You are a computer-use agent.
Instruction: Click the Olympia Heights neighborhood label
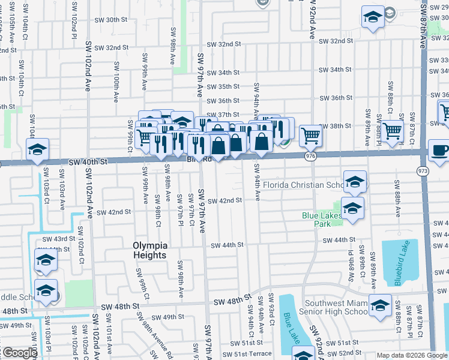(149, 250)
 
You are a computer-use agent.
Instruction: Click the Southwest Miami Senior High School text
(336, 307)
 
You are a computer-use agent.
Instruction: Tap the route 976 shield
(310, 156)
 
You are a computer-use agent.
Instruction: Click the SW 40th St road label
(88, 162)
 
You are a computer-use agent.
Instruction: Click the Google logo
(20, 353)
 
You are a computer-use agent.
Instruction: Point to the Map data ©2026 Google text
(412, 355)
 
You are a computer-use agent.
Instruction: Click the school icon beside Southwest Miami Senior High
(380, 305)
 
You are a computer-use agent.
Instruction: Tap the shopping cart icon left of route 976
(310, 136)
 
